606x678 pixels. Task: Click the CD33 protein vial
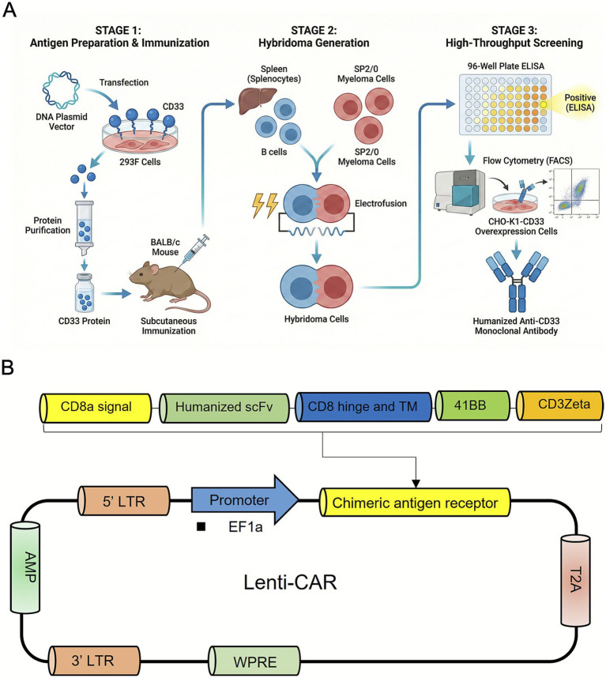[85, 292]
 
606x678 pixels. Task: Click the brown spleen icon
[258, 100]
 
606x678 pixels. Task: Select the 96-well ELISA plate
[506, 104]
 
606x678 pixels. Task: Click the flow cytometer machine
[460, 191]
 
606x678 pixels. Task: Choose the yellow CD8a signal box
[96, 408]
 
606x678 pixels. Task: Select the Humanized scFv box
[224, 408]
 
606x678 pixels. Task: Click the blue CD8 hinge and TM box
[363, 407]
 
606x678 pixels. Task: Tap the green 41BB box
[472, 405]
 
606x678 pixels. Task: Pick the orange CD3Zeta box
[559, 405]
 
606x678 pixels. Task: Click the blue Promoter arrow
[245, 500]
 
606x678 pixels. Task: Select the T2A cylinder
[575, 580]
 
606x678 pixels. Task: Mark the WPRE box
[254, 661]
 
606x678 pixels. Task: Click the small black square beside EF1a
[201, 526]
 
